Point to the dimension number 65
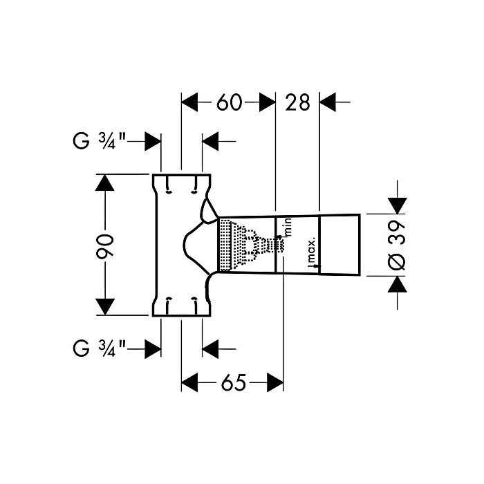coord(232,382)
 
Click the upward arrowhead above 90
coord(104,183)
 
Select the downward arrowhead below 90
coord(104,306)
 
